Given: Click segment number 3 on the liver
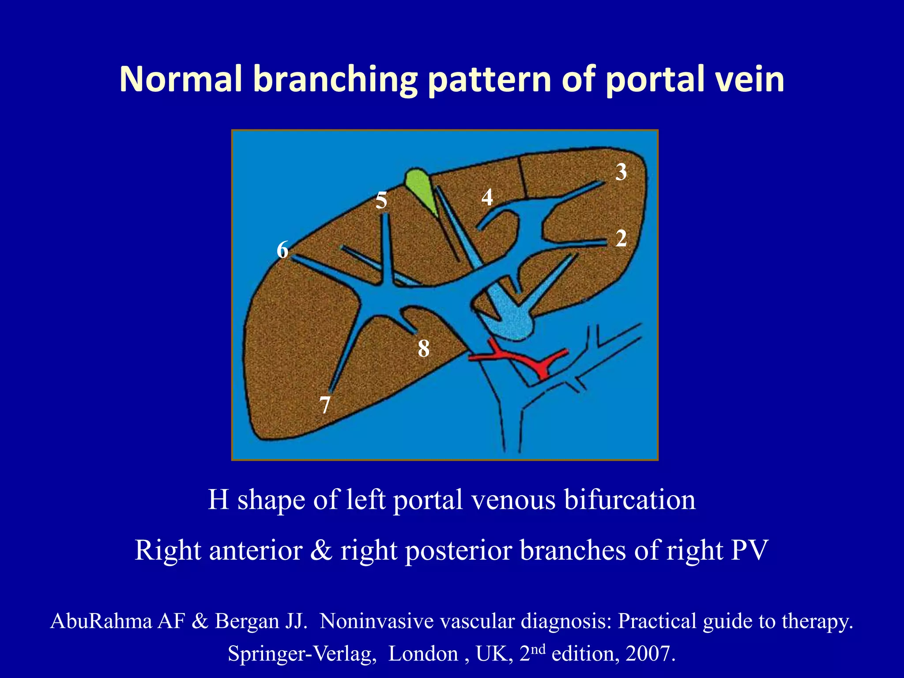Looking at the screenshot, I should tap(621, 172).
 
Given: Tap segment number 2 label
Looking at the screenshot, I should tap(621, 239).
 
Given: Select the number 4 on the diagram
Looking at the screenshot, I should tap(487, 197).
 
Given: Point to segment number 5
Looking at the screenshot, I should tap(381, 200).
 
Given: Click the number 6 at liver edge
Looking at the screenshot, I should tap(282, 250).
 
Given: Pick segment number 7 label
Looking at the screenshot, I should tap(325, 405).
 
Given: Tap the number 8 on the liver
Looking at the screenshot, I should tap(423, 349).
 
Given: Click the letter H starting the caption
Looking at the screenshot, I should tap(218, 500).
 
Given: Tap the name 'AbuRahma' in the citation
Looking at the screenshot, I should tap(101, 621).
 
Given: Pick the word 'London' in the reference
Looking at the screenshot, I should tap(423, 654).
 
